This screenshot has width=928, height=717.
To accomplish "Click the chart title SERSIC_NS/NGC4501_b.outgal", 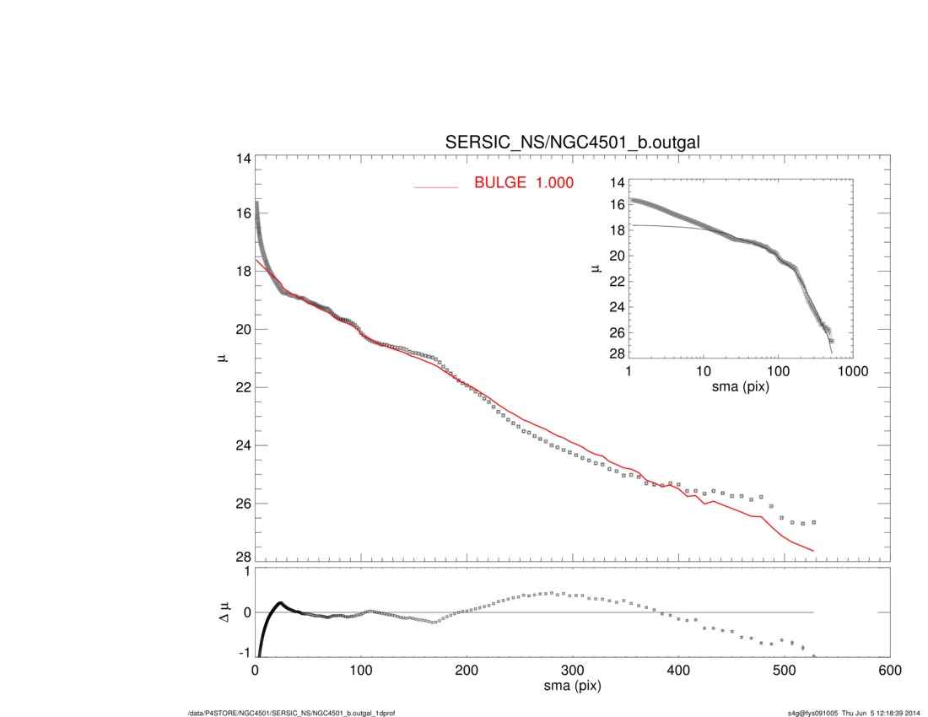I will [573, 143].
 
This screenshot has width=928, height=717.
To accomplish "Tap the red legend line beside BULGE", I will [435, 186].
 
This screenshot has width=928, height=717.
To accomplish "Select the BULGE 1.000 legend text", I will [523, 182].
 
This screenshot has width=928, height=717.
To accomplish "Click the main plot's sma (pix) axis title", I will [572, 687].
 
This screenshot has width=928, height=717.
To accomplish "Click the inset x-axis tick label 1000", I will [852, 372].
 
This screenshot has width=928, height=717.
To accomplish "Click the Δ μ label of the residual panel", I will [224, 612].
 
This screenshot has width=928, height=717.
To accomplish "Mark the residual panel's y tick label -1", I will [245, 653].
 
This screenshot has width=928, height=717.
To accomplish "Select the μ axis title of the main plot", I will [224, 358].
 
